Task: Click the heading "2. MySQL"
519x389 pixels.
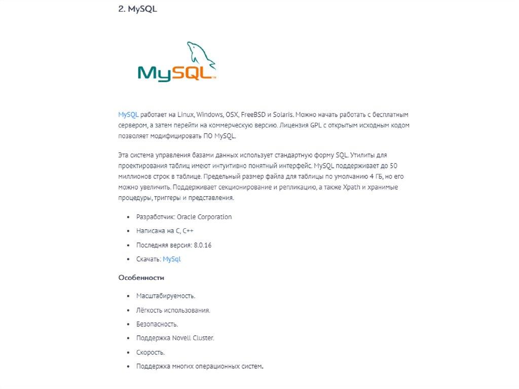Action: click(137, 9)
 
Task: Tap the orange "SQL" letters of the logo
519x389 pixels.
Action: click(191, 73)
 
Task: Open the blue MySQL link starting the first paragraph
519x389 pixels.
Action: click(128, 115)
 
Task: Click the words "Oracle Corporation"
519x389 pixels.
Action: click(204, 217)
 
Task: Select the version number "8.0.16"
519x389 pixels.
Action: click(202, 245)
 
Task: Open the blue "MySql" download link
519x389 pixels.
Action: click(172, 259)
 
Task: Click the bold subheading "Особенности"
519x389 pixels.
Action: click(141, 278)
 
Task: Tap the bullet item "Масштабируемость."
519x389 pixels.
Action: click(166, 296)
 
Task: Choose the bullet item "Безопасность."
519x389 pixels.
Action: click(157, 324)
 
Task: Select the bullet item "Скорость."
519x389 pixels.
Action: click(151, 352)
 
